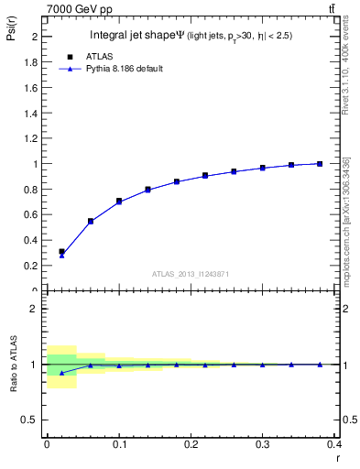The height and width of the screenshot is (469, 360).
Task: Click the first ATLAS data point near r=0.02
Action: coord(61,251)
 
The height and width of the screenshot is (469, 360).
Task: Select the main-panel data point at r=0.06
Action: coord(91,221)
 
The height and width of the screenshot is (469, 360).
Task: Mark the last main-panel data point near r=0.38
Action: coord(320,163)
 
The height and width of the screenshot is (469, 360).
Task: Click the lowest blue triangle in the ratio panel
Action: coord(61,373)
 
